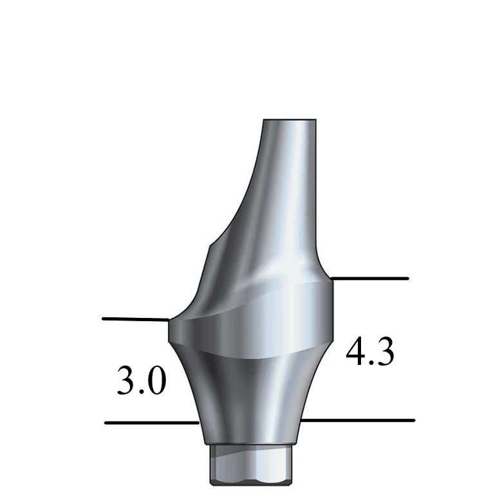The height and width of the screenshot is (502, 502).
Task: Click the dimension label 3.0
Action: pyautogui.click(x=141, y=381)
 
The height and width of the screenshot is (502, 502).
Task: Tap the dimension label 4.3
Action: pyautogui.click(x=369, y=352)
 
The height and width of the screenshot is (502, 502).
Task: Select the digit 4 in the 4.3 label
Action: pyautogui.click(x=356, y=351)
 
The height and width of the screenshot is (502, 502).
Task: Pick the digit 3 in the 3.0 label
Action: pyautogui.click(x=127, y=381)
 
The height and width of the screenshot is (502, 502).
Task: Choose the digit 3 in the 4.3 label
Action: pyautogui.click(x=384, y=352)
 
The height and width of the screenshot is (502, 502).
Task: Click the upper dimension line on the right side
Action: pyautogui.click(x=370, y=279)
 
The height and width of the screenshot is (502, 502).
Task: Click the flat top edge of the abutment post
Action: pyautogui.click(x=290, y=120)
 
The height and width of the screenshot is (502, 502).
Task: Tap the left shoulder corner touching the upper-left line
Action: pyautogui.click(x=169, y=320)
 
